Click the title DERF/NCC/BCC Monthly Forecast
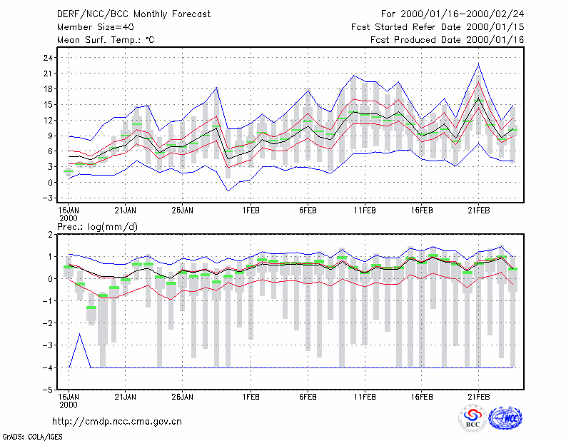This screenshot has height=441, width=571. [x=133, y=14]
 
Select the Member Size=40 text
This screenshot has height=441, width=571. [x=96, y=27]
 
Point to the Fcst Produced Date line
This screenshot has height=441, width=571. [x=447, y=40]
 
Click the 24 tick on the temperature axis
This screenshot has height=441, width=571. [x=48, y=58]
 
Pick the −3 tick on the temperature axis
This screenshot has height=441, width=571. [x=48, y=198]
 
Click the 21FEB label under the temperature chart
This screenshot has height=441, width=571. [x=478, y=211]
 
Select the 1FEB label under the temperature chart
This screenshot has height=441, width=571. [x=251, y=211]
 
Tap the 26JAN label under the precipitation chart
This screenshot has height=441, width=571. [x=183, y=397]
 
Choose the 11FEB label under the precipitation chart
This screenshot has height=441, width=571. [x=365, y=397]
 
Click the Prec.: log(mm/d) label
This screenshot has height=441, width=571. [x=97, y=227]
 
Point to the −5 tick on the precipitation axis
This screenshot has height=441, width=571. [x=48, y=390]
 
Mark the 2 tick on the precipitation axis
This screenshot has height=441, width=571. [x=50, y=235]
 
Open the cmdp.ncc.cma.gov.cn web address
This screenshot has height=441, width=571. [x=117, y=422]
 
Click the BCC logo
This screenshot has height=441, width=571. [x=473, y=418]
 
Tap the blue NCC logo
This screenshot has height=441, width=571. [x=505, y=418]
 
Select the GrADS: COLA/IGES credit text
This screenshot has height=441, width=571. [x=32, y=437]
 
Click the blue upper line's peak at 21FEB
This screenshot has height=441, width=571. [x=478, y=64]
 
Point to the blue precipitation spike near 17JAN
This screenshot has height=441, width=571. [x=80, y=334]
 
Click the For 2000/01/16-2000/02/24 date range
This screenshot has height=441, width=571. [x=453, y=14]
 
